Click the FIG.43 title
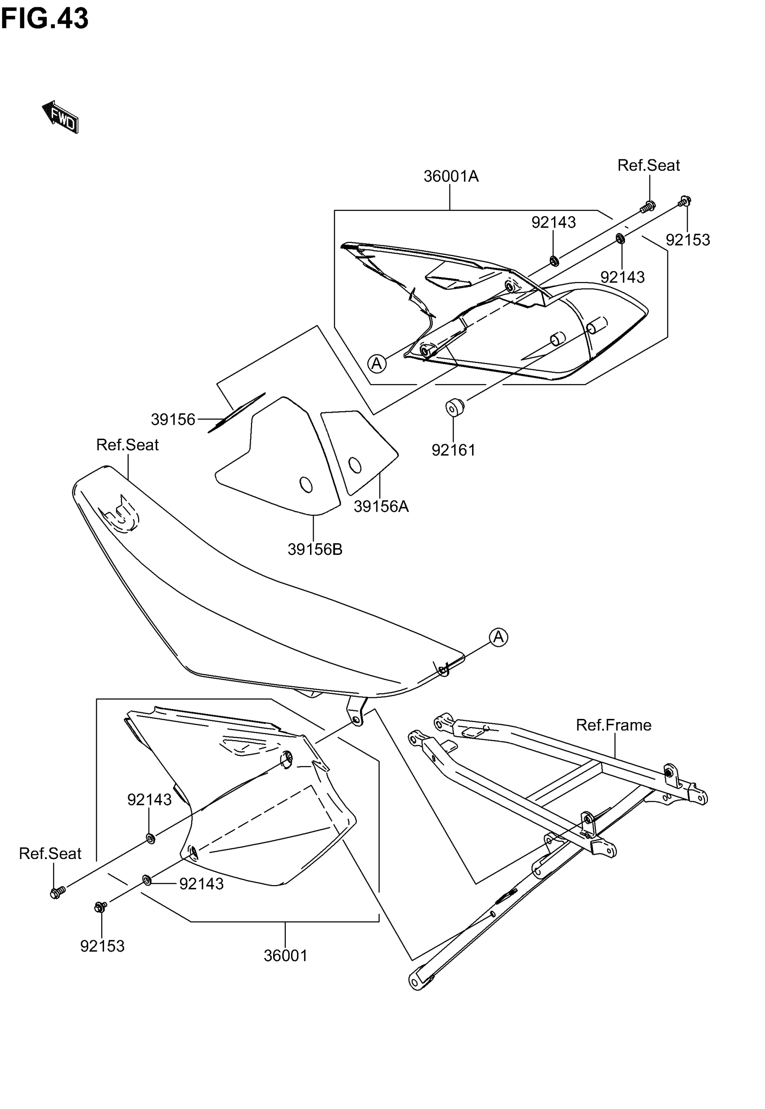click(45, 19)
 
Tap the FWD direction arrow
click(60, 117)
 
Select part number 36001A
click(450, 177)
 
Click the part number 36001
click(285, 955)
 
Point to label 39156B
click(315, 549)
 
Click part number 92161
click(454, 450)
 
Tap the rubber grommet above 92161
click(454, 407)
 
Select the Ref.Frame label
click(613, 725)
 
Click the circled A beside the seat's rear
click(499, 637)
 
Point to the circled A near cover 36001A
click(377, 364)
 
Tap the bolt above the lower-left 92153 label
click(101, 907)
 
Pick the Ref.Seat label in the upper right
click(648, 165)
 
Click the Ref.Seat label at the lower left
click(50, 853)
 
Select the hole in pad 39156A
click(355, 465)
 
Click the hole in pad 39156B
click(306, 485)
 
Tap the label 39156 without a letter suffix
click(173, 420)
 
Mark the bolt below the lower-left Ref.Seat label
click(58, 892)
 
